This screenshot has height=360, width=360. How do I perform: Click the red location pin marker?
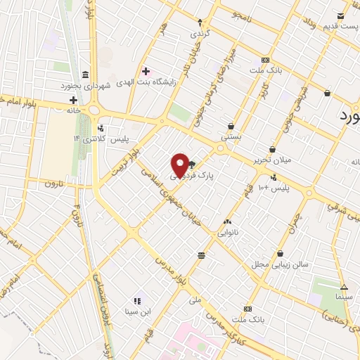[x=181, y=165]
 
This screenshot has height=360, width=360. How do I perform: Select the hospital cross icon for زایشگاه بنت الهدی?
[x=146, y=71]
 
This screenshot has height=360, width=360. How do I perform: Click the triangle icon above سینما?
[x=344, y=287]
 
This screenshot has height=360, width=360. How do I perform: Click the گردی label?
[x=200, y=33]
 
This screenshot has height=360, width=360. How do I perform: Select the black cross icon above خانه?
[x=73, y=100]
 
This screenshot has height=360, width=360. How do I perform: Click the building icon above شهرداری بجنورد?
[x=85, y=75]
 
